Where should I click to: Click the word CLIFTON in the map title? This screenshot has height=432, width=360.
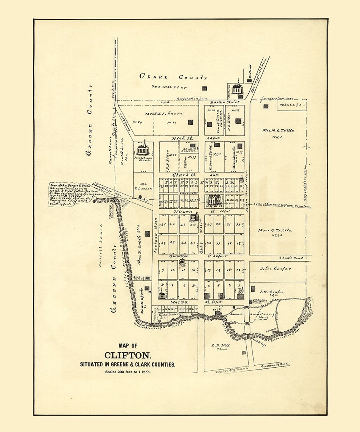click(128, 355)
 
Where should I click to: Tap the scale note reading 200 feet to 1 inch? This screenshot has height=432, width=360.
click(128, 372)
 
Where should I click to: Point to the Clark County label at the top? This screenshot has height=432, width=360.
click(173, 77)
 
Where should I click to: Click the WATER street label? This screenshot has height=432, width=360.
click(179, 302)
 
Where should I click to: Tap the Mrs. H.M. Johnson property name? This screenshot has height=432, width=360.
click(164, 113)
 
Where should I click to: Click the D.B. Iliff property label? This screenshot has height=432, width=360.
click(221, 345)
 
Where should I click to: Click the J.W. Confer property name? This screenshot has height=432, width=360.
click(272, 292)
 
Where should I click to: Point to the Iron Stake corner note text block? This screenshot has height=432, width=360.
click(70, 193)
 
